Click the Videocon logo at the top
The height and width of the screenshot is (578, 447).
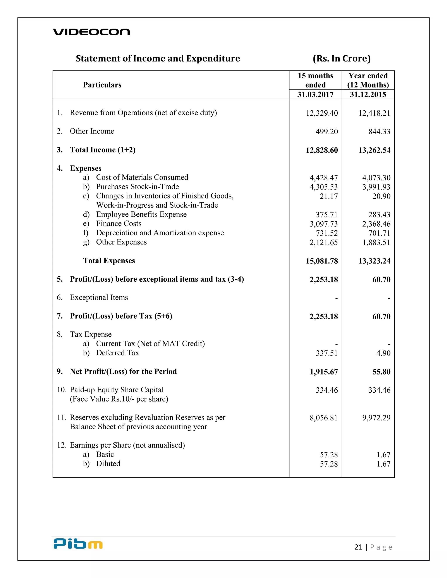[91, 32]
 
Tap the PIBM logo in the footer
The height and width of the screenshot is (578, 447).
[78, 544]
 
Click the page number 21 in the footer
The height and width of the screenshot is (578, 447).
[358, 547]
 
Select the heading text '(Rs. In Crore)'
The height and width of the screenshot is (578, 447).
[342, 58]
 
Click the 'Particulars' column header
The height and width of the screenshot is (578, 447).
[102, 85]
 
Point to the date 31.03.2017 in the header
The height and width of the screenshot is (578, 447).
[315, 94]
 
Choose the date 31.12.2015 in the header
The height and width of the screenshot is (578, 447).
[368, 94]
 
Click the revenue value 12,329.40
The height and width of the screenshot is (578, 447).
[322, 113]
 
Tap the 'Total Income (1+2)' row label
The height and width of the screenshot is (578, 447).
[103, 150]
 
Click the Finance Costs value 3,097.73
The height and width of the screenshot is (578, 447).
[324, 224]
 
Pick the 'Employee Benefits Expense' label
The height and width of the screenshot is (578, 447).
[141, 214]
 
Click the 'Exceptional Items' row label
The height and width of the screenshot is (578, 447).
[99, 298]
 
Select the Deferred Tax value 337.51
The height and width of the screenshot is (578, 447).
[327, 353]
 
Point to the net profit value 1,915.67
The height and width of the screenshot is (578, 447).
[324, 372]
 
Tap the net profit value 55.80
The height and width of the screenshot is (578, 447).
[381, 372]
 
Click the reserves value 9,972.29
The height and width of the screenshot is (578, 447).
[376, 418]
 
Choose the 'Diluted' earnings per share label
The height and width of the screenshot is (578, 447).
[108, 464]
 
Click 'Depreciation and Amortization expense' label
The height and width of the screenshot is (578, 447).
[160, 233]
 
